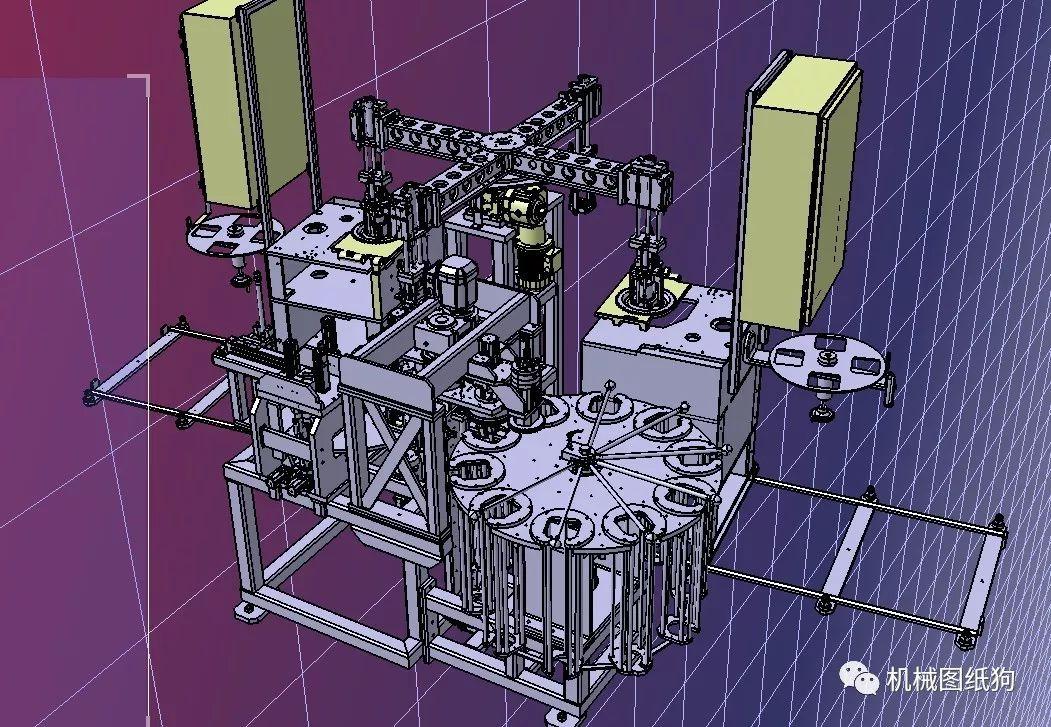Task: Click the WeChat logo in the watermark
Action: tap(859, 679)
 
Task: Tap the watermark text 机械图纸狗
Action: tap(950, 680)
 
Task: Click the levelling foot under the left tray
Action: tap(241, 280)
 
